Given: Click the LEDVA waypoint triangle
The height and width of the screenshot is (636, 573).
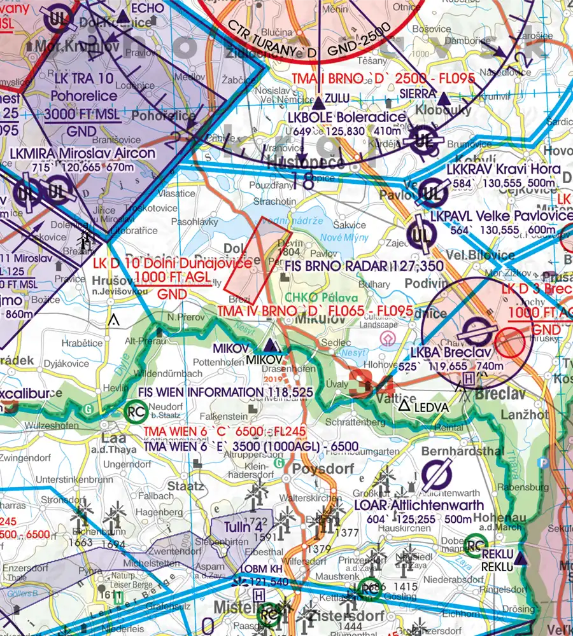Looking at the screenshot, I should [404, 405].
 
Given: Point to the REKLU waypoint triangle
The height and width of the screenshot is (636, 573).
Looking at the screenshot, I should [521, 559].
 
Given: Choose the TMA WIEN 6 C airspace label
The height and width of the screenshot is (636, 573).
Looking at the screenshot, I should [225, 432].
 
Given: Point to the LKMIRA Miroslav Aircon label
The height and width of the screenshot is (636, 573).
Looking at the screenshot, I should [82, 153].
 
